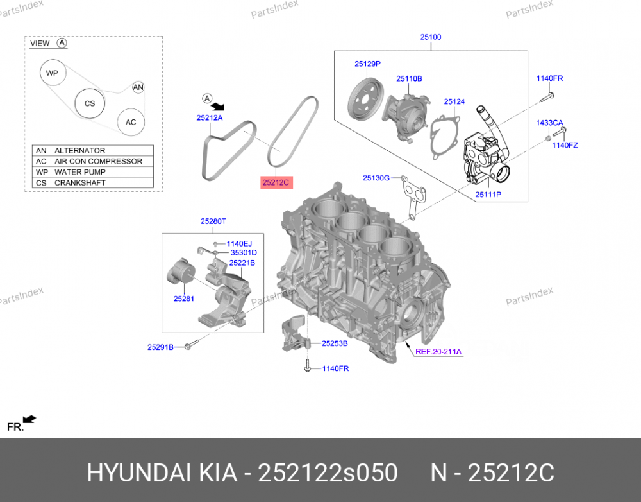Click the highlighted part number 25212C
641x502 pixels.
point(276,183)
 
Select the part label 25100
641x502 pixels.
point(431,37)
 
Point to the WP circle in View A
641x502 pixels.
point(52,73)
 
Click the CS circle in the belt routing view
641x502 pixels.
point(90,103)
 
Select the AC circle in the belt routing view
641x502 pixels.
point(131,122)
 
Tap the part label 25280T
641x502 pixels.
point(213,221)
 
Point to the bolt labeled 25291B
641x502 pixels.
point(190,347)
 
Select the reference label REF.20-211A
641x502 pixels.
point(438,351)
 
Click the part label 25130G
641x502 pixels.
point(376,178)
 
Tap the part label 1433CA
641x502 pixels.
point(549,123)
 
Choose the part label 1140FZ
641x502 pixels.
point(565,145)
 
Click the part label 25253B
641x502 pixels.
point(335,343)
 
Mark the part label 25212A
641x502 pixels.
point(210,118)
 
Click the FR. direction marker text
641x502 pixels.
point(15,427)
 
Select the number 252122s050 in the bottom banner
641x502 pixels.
point(327,474)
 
